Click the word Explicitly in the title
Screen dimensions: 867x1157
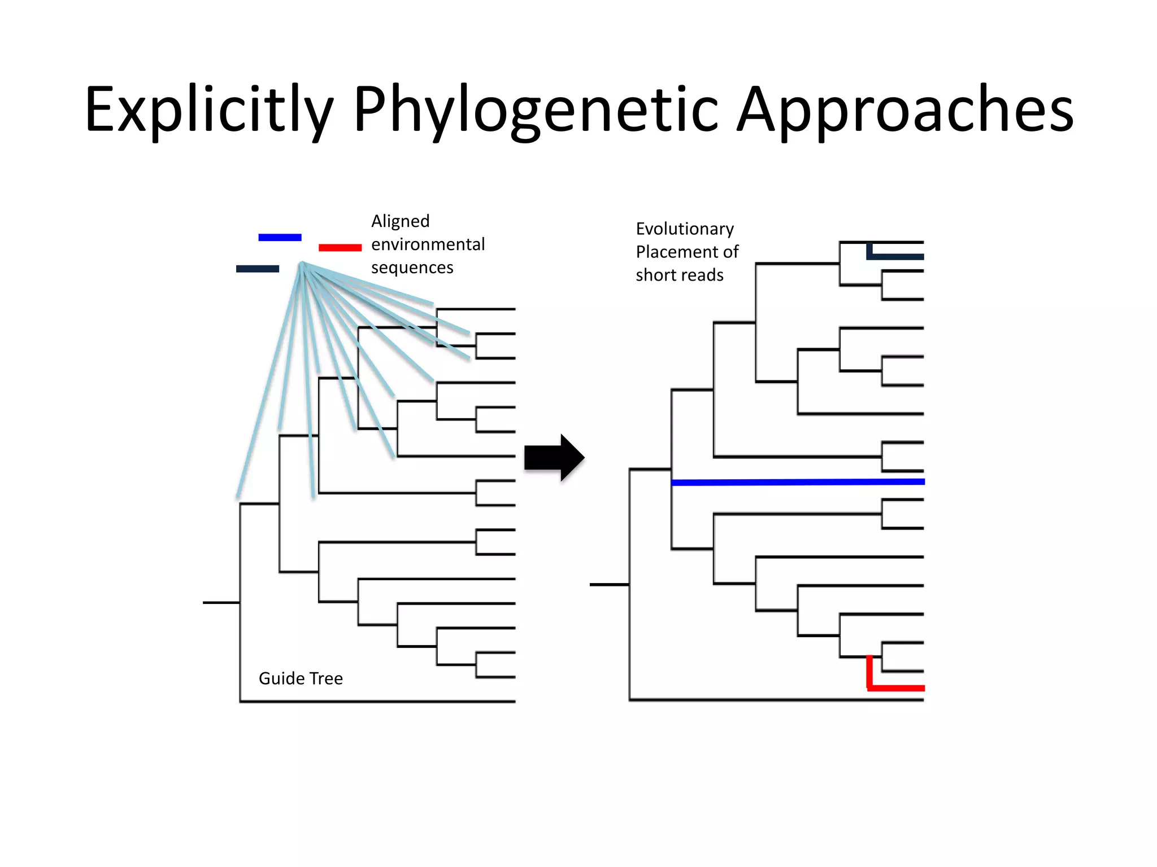coord(209,110)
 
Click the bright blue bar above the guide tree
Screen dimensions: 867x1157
coord(280,238)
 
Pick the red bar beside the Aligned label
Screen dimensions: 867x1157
coord(340,247)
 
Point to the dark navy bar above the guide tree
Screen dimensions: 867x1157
coord(258,269)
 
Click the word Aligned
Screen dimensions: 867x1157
coord(400,221)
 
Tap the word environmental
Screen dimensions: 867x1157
coord(428,244)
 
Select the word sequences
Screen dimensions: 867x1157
coord(412,268)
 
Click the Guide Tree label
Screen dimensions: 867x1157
coord(301,678)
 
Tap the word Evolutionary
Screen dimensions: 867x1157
coord(685,229)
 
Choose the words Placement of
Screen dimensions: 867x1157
coord(687,252)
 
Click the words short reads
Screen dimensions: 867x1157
coord(679,275)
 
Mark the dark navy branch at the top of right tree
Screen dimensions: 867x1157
coord(895,257)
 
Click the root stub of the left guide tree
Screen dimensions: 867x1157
coord(221,603)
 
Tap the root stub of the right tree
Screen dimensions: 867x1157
coord(609,585)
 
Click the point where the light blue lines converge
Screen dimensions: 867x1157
coord(302,264)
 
